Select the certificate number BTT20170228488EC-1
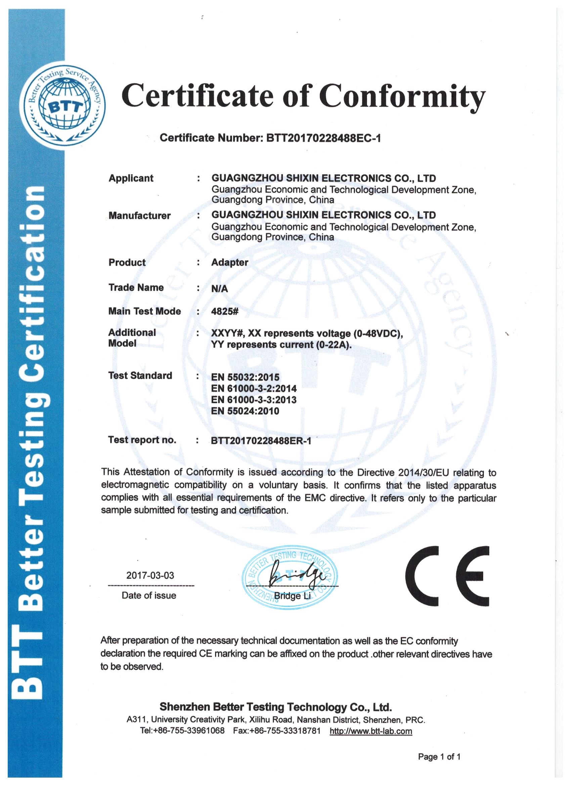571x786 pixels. (323, 138)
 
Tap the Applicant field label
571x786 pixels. (131, 179)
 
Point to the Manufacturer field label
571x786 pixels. (139, 215)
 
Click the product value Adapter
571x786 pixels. (230, 262)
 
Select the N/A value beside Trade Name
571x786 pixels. (220, 289)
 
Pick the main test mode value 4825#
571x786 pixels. (225, 311)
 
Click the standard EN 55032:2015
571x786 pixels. (245, 377)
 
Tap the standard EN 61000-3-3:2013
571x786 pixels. (254, 400)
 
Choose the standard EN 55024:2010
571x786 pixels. (245, 411)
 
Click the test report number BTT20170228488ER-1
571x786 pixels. (261, 441)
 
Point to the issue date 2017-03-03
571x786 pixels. (150, 576)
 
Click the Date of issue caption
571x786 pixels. (149, 596)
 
